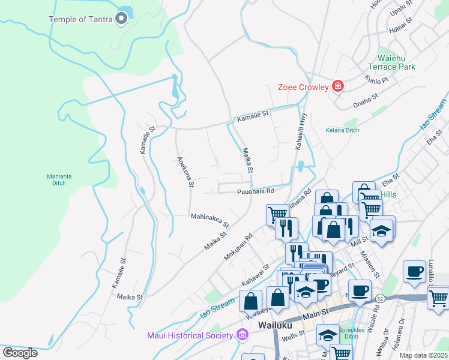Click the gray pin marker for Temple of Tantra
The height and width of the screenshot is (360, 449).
click(x=121, y=19)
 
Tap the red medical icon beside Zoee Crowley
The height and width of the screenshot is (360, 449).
click(x=338, y=87)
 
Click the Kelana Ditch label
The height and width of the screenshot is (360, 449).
click(x=342, y=130)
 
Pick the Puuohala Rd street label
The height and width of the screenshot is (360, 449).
click(x=255, y=191)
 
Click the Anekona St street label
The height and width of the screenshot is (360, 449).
click(x=183, y=172)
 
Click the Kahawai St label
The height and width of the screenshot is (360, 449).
click(x=255, y=274)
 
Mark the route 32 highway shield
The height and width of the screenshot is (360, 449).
click(x=379, y=298)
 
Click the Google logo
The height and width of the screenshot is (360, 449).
click(x=20, y=353)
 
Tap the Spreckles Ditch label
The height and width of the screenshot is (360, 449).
click(x=348, y=333)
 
